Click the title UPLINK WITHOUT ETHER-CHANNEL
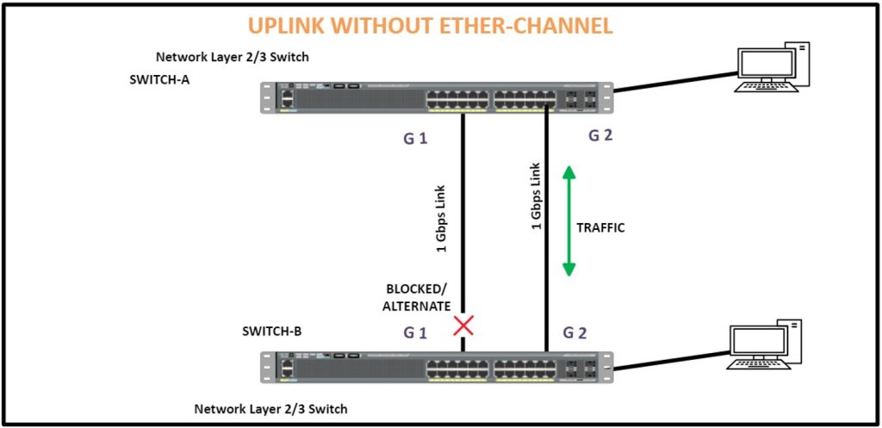point(431,26)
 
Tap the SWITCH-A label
point(159,79)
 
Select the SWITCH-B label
point(271,332)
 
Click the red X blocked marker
point(464,325)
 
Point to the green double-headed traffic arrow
point(569,221)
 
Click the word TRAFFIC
point(601,228)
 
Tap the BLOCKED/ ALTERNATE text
point(419,298)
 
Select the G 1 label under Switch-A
point(414,139)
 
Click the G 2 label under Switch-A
point(599,135)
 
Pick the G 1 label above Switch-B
point(415,333)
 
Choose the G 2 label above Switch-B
point(575,332)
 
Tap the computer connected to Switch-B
point(764,344)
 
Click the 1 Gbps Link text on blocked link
point(442,218)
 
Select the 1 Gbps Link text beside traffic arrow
point(536,196)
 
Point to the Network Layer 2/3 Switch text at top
point(233,57)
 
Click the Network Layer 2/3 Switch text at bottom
point(270,409)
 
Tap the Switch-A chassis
point(437,97)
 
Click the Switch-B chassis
point(437,367)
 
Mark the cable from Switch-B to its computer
point(670,361)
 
